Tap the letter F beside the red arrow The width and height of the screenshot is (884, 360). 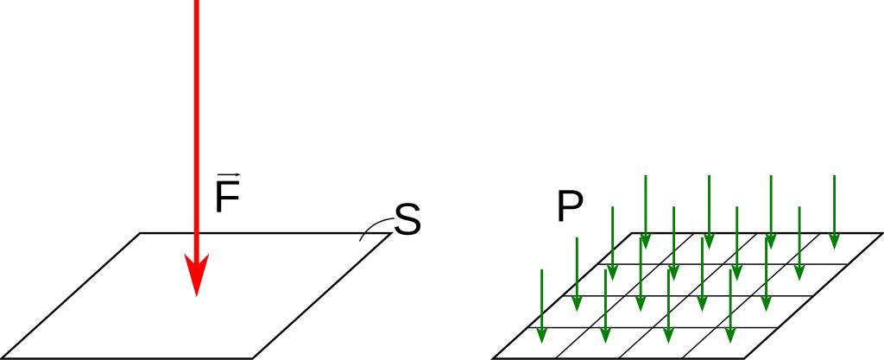(226, 199)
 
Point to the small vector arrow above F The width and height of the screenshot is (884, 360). (228, 175)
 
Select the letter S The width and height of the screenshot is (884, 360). (407, 220)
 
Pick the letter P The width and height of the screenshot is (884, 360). (570, 208)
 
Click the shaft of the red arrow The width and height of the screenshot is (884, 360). (197, 129)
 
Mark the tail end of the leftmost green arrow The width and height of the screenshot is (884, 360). (541, 271)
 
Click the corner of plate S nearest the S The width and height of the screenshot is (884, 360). (391, 233)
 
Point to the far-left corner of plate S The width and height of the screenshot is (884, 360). (141, 233)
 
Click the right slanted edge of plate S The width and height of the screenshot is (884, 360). (321, 295)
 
